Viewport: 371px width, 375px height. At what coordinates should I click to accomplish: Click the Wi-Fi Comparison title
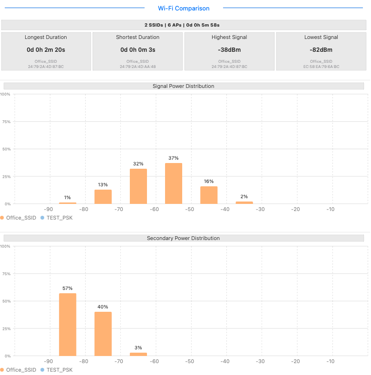click(x=184, y=8)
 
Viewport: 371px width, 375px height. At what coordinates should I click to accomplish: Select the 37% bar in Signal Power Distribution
click(x=174, y=183)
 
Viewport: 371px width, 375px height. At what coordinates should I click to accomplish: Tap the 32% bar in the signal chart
click(x=138, y=186)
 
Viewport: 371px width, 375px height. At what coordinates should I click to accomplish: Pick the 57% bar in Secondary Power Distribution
click(x=68, y=324)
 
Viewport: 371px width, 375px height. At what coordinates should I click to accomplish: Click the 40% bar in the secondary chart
click(x=103, y=334)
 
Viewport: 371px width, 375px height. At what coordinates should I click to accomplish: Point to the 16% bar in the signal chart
click(x=209, y=195)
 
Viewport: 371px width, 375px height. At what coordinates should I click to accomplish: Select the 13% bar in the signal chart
click(x=103, y=197)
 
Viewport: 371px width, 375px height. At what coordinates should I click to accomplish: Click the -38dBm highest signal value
click(x=229, y=49)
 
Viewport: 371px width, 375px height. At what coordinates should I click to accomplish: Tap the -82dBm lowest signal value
click(x=321, y=49)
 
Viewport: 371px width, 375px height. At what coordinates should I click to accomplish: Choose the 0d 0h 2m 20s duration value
click(x=46, y=49)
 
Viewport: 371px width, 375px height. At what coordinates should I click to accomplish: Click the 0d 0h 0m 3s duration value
click(x=138, y=49)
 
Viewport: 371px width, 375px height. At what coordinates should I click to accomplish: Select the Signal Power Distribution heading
click(x=184, y=86)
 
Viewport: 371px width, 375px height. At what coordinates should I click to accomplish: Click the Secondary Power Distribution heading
click(x=184, y=238)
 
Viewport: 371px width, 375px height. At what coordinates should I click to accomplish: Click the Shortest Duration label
click(x=138, y=37)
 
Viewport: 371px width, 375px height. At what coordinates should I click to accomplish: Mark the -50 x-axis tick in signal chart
click(x=189, y=209)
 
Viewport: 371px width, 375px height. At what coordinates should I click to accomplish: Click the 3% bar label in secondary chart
click(x=138, y=347)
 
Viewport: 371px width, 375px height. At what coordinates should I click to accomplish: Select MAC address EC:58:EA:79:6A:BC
click(x=321, y=67)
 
